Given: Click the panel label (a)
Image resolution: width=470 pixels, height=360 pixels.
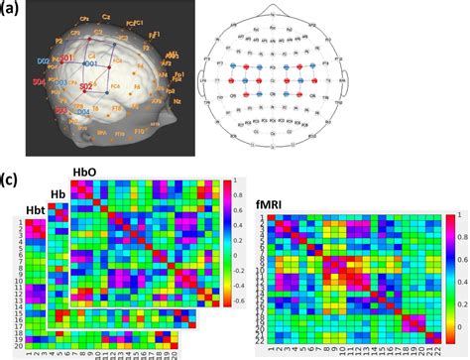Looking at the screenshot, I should click(13, 9).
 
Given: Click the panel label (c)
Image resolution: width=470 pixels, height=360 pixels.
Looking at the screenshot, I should click(13, 181).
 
